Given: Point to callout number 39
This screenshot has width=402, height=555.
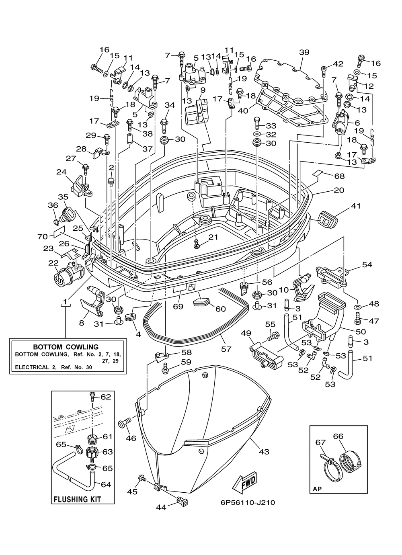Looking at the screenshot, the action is click(304, 52).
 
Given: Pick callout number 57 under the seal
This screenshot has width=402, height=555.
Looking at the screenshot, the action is click(226, 349).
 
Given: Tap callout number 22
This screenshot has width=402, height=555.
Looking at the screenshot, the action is click(54, 263).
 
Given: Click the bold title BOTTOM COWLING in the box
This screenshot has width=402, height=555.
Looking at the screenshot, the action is click(66, 347).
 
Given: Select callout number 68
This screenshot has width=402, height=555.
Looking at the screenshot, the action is click(339, 176).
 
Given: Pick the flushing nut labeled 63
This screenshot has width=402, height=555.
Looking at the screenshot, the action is click(92, 454).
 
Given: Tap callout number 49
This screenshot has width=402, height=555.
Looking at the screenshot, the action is click(246, 333).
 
